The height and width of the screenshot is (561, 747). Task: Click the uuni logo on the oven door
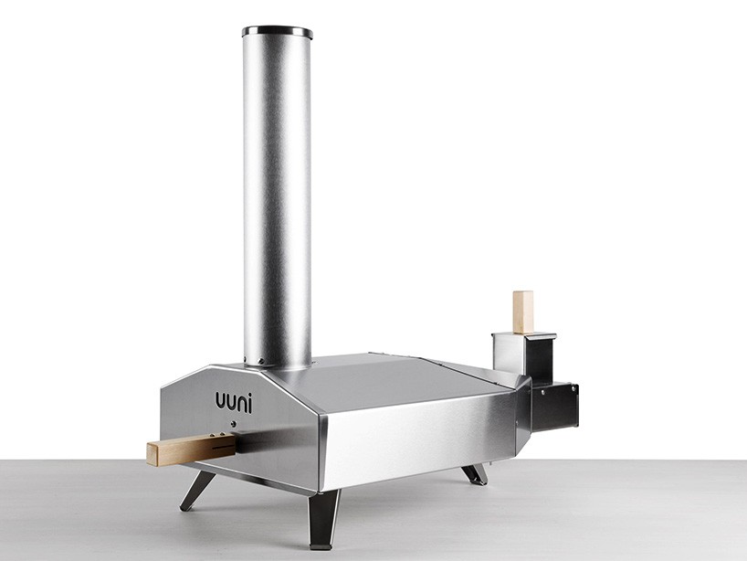coord(234,402)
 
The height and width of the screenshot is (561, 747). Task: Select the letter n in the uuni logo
coord(240,404)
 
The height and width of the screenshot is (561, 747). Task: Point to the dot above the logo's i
coord(250,394)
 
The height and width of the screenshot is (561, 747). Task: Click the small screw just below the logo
coord(234,422)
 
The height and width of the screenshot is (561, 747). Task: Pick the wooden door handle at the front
coord(191,449)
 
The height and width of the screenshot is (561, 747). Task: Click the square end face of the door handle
coord(152,454)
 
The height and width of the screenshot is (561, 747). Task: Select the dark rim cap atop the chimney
coord(278,32)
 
